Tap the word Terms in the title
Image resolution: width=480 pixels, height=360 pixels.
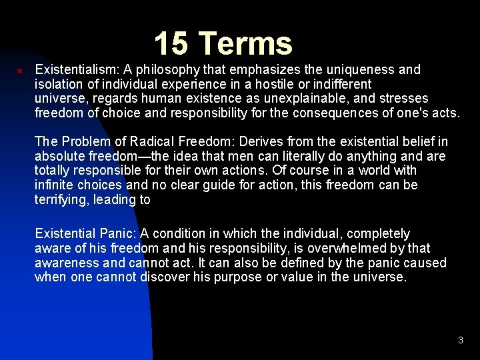245,44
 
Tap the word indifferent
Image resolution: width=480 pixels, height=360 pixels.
336,84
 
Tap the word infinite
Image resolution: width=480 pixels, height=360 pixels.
56,185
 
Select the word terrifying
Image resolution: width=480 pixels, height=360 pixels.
61,200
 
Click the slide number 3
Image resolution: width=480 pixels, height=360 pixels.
460,341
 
